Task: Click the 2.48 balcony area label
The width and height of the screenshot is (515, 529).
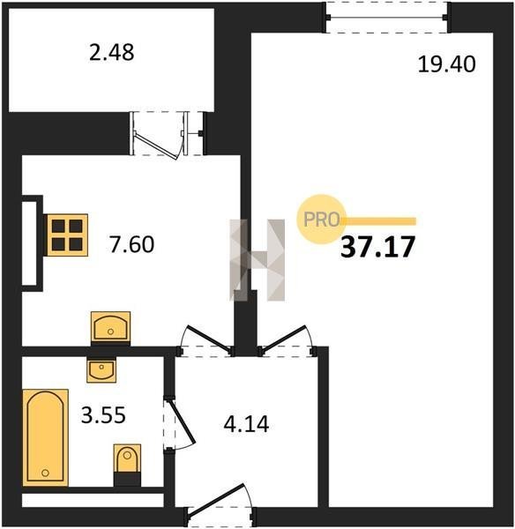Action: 111,53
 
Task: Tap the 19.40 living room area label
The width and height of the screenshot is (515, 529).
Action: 446,64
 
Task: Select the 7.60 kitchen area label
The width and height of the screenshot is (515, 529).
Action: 131,244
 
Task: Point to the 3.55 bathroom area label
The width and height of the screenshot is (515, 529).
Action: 103,414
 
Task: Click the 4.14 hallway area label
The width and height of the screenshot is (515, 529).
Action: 246,424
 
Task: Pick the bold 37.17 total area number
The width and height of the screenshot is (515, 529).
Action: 377,247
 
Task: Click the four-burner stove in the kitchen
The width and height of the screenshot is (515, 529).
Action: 67,235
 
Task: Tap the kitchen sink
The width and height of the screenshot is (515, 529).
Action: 111,326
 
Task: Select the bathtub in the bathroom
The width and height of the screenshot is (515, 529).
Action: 46,437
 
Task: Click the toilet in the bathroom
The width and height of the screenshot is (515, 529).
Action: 127,465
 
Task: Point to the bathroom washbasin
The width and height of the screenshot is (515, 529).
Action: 101,369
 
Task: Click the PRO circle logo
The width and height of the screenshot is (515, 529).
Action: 321,220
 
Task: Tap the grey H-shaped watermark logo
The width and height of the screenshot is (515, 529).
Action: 257,260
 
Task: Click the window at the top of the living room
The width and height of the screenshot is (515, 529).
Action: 388,18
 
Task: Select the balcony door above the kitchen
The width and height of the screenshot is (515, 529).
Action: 168,134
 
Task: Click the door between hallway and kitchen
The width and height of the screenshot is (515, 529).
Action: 205,340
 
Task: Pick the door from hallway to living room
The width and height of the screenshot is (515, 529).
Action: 287,340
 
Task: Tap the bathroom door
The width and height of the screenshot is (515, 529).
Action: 179,423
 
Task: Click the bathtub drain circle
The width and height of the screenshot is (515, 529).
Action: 45,473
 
